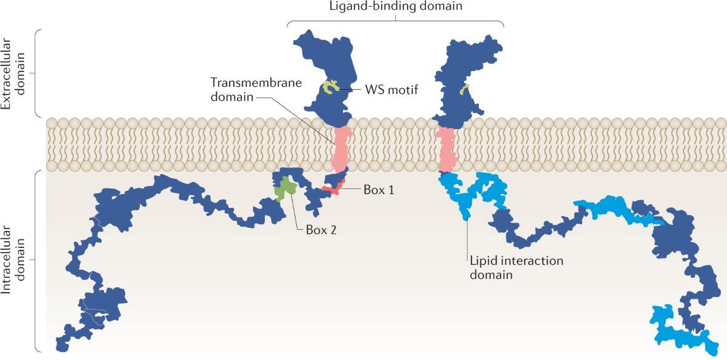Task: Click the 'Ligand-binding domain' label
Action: tap(396, 6)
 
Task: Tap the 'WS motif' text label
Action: tap(391, 90)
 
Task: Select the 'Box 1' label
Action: tap(379, 190)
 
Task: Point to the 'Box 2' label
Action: tap(321, 230)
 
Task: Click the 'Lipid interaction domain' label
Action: tap(516, 267)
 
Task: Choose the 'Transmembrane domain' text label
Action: tap(256, 90)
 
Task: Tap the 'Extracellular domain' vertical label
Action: tap(13, 74)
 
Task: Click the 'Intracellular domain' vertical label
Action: tap(13, 259)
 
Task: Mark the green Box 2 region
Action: tap(285, 189)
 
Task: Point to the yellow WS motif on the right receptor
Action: tap(464, 89)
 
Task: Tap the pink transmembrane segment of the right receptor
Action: tap(447, 149)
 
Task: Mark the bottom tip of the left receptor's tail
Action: tap(62, 350)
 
